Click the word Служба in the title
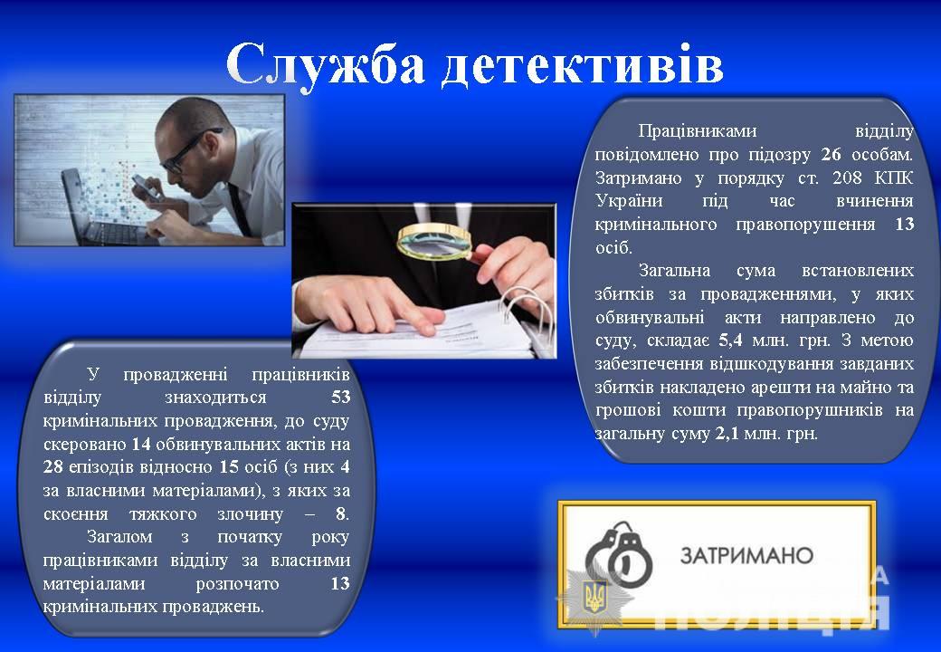326,63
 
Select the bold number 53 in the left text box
340,397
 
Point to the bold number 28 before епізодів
52,466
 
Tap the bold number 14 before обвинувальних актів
141,444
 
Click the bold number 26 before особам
831,154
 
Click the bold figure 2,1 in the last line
727,434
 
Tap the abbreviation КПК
894,177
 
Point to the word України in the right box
629,200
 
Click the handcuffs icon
619,552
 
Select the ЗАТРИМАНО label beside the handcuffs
746,555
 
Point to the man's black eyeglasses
187,150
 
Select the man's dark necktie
240,210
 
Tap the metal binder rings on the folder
528,312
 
